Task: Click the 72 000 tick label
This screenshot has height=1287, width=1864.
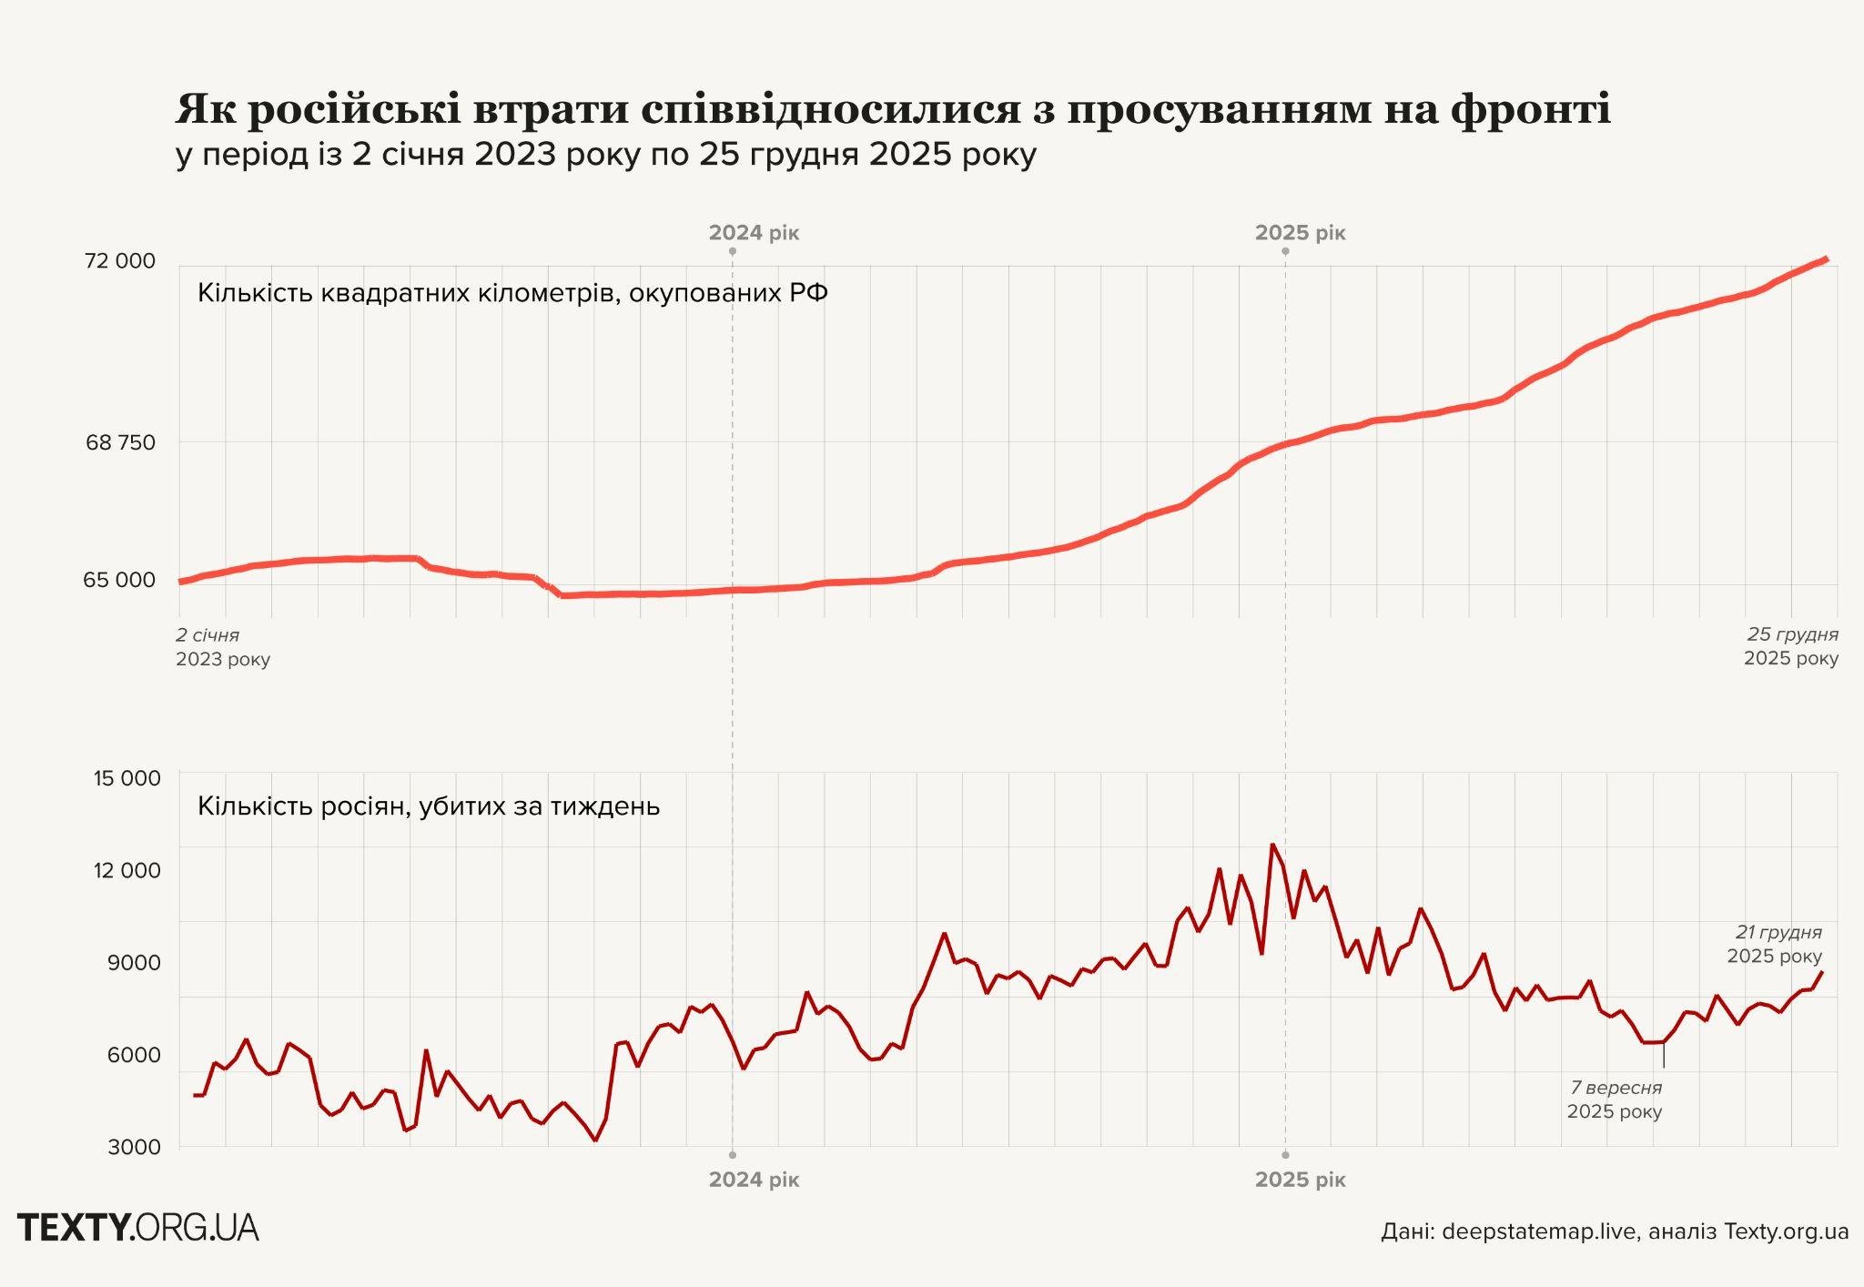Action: (119, 261)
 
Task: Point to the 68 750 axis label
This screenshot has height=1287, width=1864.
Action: (120, 443)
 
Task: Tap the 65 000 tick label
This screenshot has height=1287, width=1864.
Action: (119, 580)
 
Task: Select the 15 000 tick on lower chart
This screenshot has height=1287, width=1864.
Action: (127, 778)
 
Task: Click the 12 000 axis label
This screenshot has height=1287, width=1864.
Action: (127, 870)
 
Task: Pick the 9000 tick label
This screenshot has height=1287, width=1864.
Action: (134, 962)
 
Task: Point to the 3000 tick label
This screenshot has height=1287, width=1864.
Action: (134, 1147)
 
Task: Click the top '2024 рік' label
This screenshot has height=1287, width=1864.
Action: (754, 232)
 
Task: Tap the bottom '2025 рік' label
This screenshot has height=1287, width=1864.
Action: (1300, 1180)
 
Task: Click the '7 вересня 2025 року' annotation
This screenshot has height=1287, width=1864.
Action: (1615, 1100)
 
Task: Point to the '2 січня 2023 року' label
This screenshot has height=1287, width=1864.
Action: (222, 646)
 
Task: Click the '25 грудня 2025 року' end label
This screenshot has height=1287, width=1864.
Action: (1790, 646)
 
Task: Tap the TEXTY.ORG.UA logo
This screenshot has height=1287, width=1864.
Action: (138, 1228)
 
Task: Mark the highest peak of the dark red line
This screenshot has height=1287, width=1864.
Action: (1272, 845)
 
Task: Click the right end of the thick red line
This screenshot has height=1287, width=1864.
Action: (1826, 259)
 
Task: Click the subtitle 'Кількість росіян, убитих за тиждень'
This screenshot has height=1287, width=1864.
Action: (428, 806)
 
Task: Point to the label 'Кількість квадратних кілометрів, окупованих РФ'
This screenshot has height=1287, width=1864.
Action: (512, 293)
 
